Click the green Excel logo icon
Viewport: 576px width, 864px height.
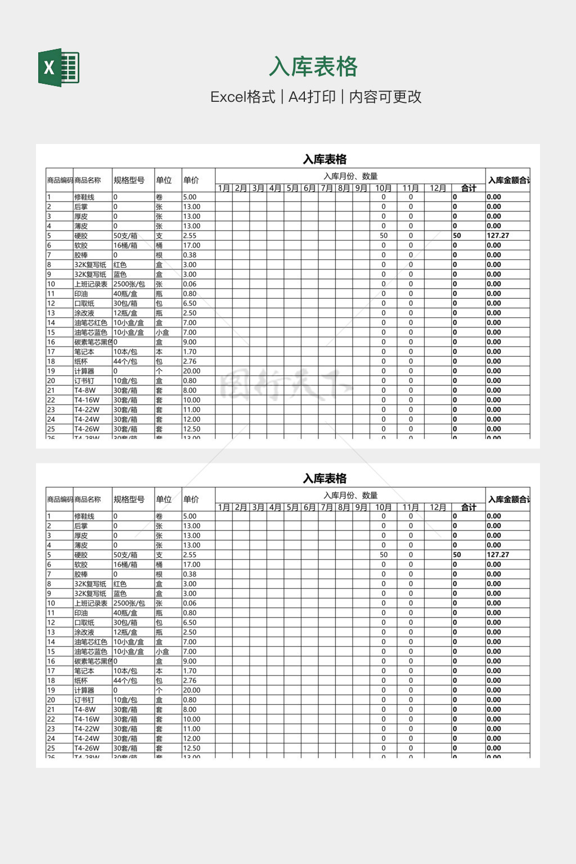click(58, 68)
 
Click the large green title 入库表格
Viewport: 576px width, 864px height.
click(313, 67)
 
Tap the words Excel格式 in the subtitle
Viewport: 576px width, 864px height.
click(243, 97)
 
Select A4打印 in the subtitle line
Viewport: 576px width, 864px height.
click(312, 97)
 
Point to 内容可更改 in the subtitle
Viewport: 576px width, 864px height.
click(385, 97)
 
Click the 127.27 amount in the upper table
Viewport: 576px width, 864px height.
click(498, 236)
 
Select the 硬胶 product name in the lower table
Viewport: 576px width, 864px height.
click(81, 555)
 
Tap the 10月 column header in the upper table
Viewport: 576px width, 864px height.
click(384, 188)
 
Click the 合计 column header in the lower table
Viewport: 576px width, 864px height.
click(469, 507)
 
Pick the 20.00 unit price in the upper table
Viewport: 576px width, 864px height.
click(192, 371)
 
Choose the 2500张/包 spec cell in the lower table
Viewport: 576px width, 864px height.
click(129, 603)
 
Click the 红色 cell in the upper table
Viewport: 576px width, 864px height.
click(120, 265)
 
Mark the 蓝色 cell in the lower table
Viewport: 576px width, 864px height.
click(120, 593)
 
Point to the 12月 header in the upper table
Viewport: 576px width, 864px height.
click(438, 188)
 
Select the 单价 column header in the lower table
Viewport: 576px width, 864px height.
click(191, 499)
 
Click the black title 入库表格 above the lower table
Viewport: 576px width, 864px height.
click(325, 479)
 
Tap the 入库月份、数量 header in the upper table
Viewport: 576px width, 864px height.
click(350, 176)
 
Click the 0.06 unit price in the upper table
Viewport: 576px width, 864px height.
click(190, 284)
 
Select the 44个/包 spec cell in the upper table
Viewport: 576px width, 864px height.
click(125, 361)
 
